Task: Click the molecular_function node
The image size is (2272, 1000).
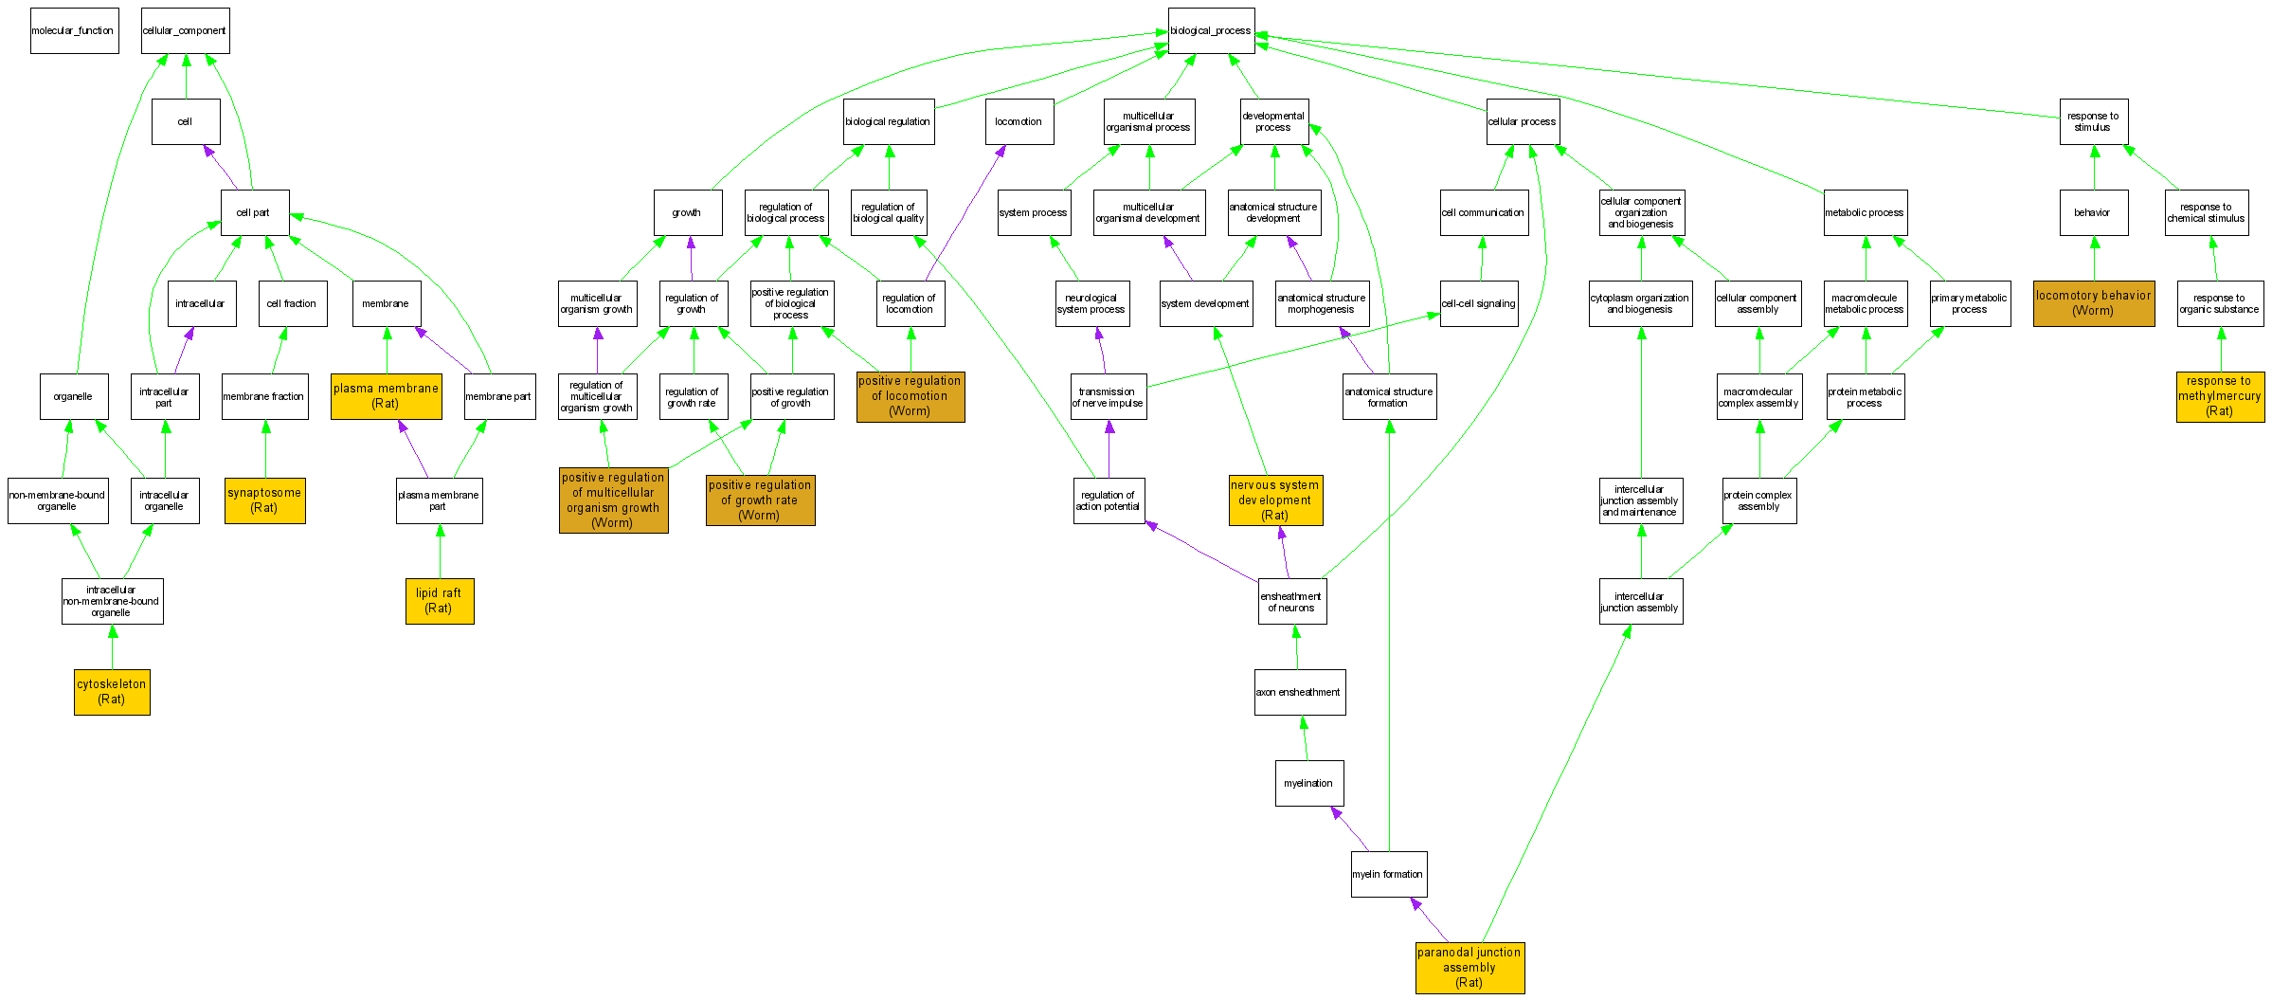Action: (x=74, y=30)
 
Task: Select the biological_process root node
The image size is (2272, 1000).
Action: (x=1211, y=30)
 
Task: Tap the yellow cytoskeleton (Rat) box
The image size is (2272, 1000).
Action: (x=112, y=692)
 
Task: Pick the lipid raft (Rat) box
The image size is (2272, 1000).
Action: (x=439, y=601)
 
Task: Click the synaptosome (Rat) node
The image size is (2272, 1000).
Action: (x=264, y=500)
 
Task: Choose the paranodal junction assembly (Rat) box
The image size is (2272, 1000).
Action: (x=1470, y=968)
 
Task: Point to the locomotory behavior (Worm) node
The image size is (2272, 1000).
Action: (x=2094, y=303)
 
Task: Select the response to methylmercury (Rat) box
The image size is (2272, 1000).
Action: (x=2220, y=396)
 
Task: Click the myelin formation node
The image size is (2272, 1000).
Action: (x=1388, y=874)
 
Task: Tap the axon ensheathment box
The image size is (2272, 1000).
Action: (x=1299, y=692)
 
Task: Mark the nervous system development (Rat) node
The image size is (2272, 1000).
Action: (x=1275, y=500)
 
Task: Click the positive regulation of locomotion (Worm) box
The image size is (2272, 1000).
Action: (x=910, y=396)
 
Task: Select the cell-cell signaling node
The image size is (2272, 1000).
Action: (x=1478, y=303)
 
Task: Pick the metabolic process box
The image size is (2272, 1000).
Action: (x=1865, y=212)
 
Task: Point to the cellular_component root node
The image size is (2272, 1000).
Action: (x=185, y=30)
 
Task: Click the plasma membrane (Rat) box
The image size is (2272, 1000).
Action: (x=386, y=396)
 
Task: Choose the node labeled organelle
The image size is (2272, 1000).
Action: (x=73, y=396)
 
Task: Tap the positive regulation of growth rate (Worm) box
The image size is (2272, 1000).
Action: (x=760, y=500)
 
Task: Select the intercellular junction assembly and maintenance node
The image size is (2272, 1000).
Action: (x=1640, y=500)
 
